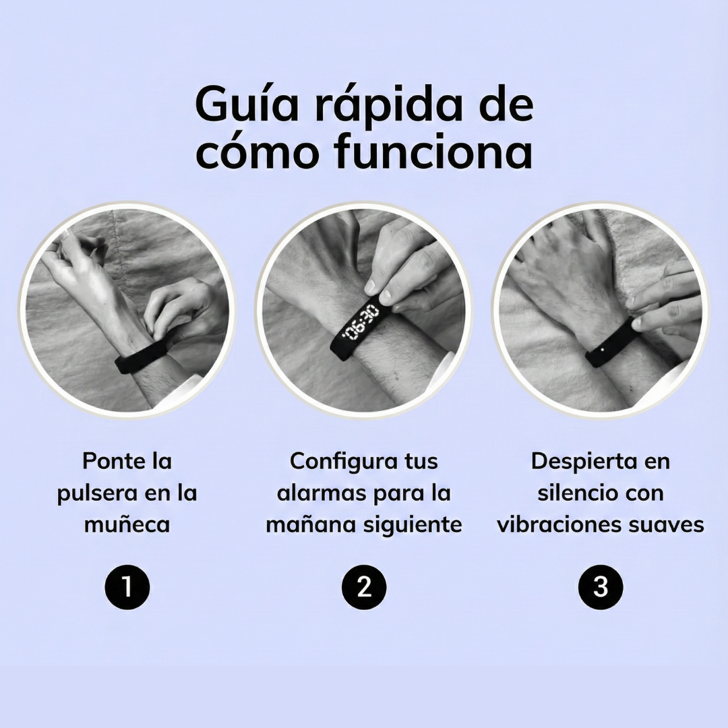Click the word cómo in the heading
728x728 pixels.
click(x=260, y=153)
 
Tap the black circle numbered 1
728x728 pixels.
click(x=127, y=587)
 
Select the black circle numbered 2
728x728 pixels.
click(x=364, y=587)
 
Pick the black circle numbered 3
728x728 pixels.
click(x=601, y=587)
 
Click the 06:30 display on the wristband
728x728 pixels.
click(x=359, y=324)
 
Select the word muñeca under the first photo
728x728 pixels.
click(x=127, y=524)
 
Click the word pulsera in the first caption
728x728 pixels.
click(x=94, y=493)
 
